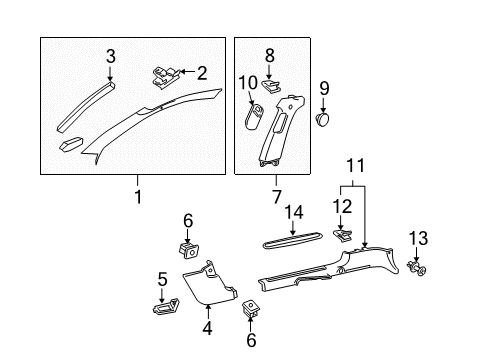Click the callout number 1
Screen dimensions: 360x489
click(x=139, y=196)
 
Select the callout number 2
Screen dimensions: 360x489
click(x=203, y=72)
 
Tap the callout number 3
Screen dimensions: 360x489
click(x=111, y=56)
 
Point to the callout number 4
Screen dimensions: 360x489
click(x=207, y=327)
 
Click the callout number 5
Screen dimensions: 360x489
click(x=163, y=279)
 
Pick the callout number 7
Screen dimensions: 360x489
click(x=277, y=196)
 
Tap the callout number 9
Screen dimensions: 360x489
click(x=324, y=88)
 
